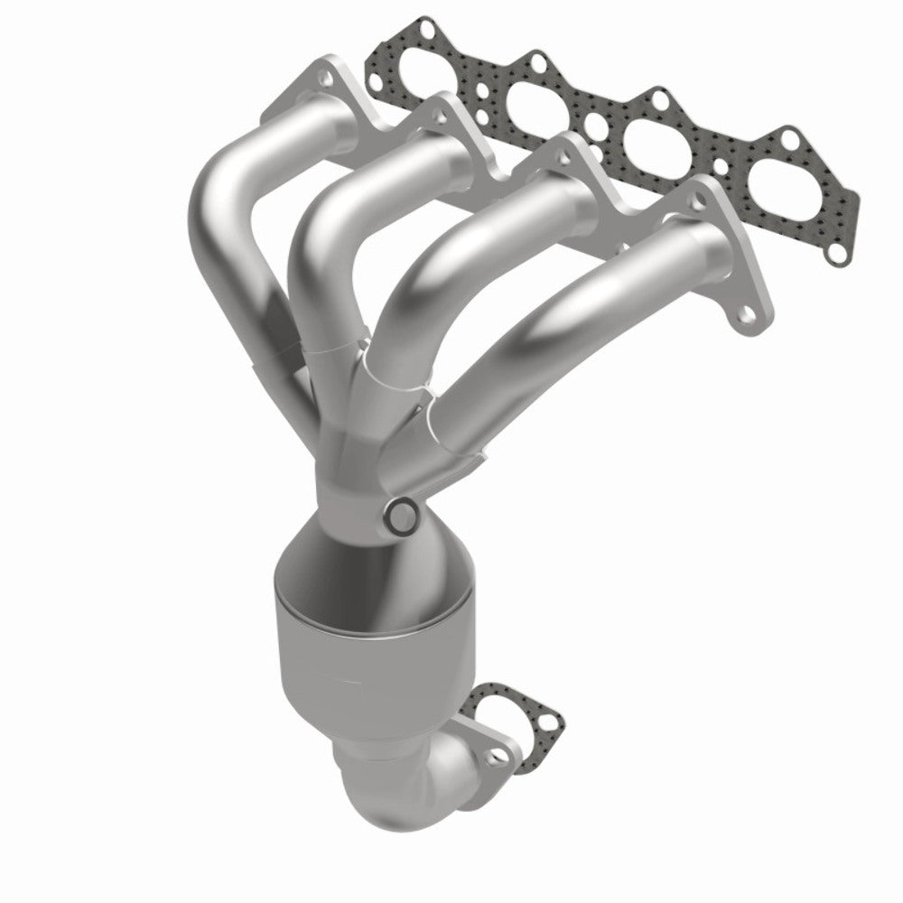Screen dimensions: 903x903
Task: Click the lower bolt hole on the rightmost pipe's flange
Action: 746,315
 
